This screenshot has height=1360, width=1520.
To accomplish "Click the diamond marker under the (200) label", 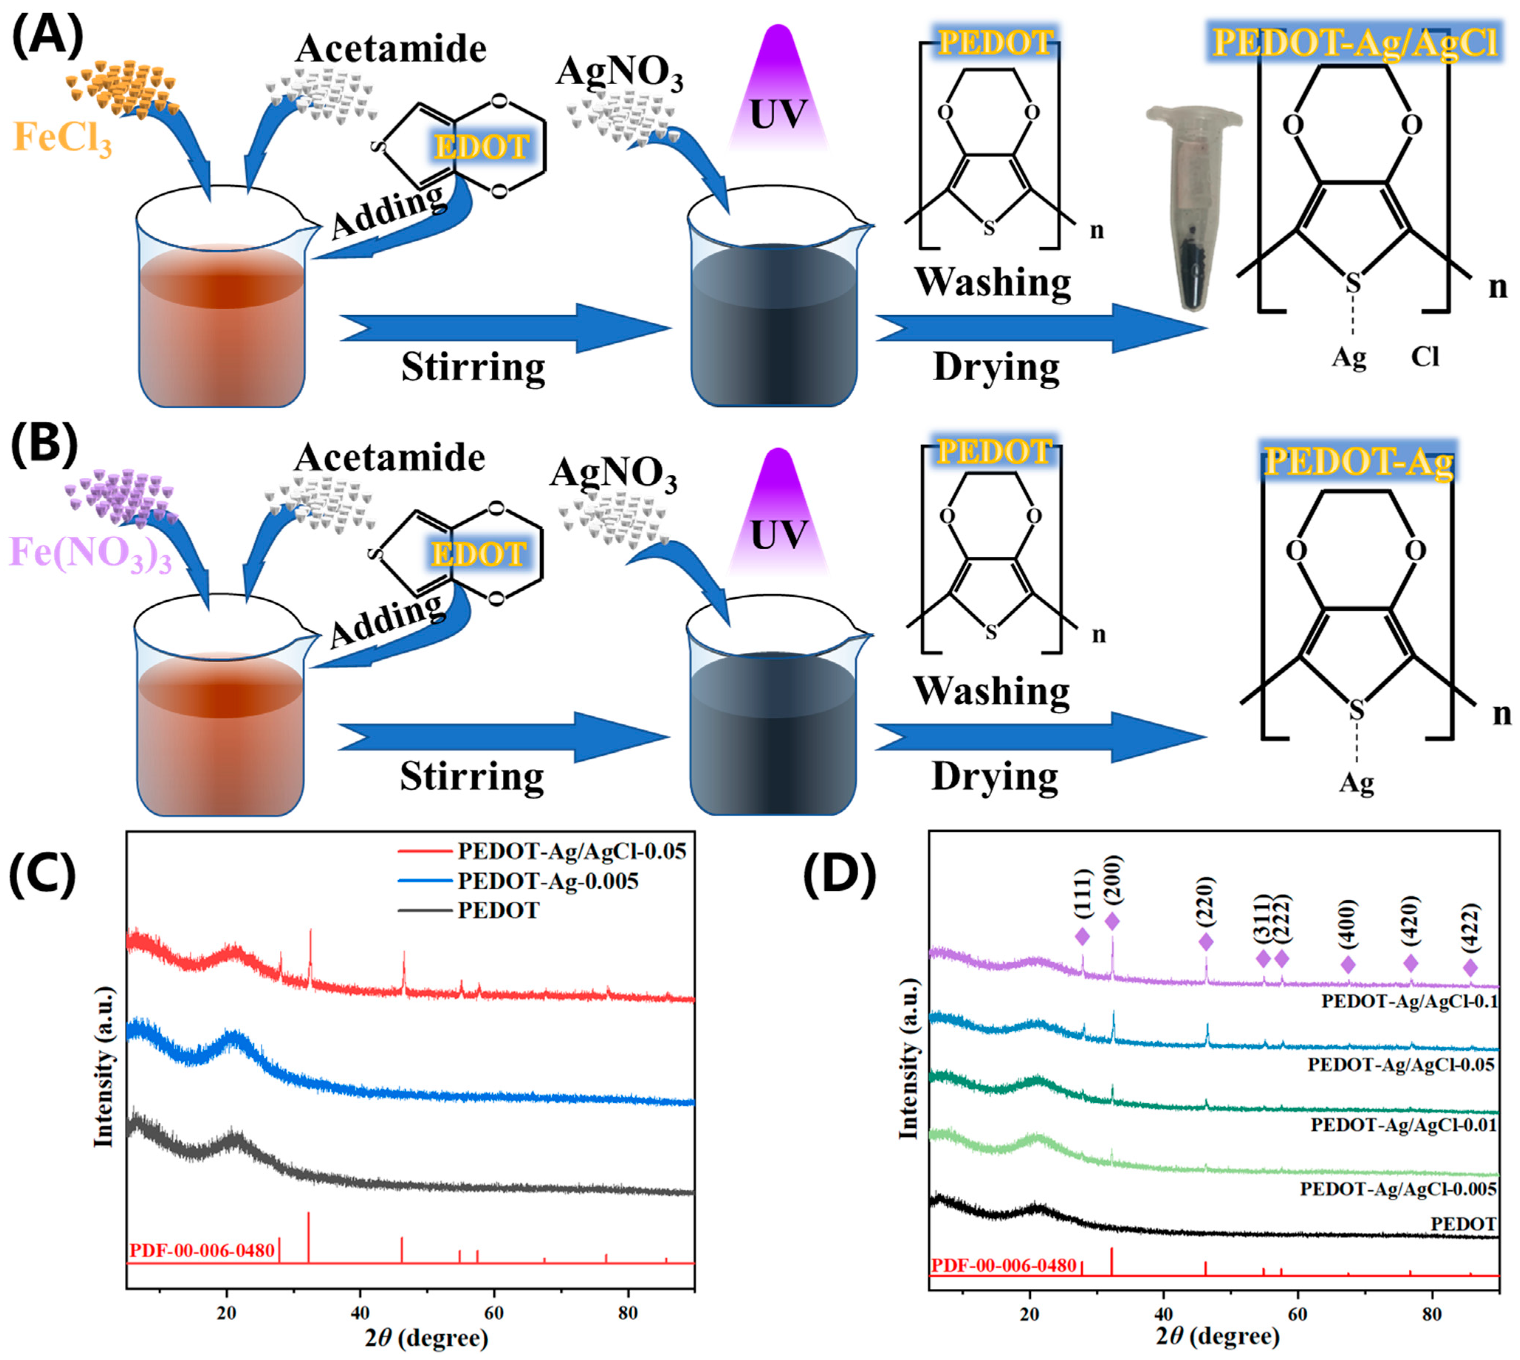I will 1112,921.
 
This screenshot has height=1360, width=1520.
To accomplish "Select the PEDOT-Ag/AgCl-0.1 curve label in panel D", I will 1409,1001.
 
